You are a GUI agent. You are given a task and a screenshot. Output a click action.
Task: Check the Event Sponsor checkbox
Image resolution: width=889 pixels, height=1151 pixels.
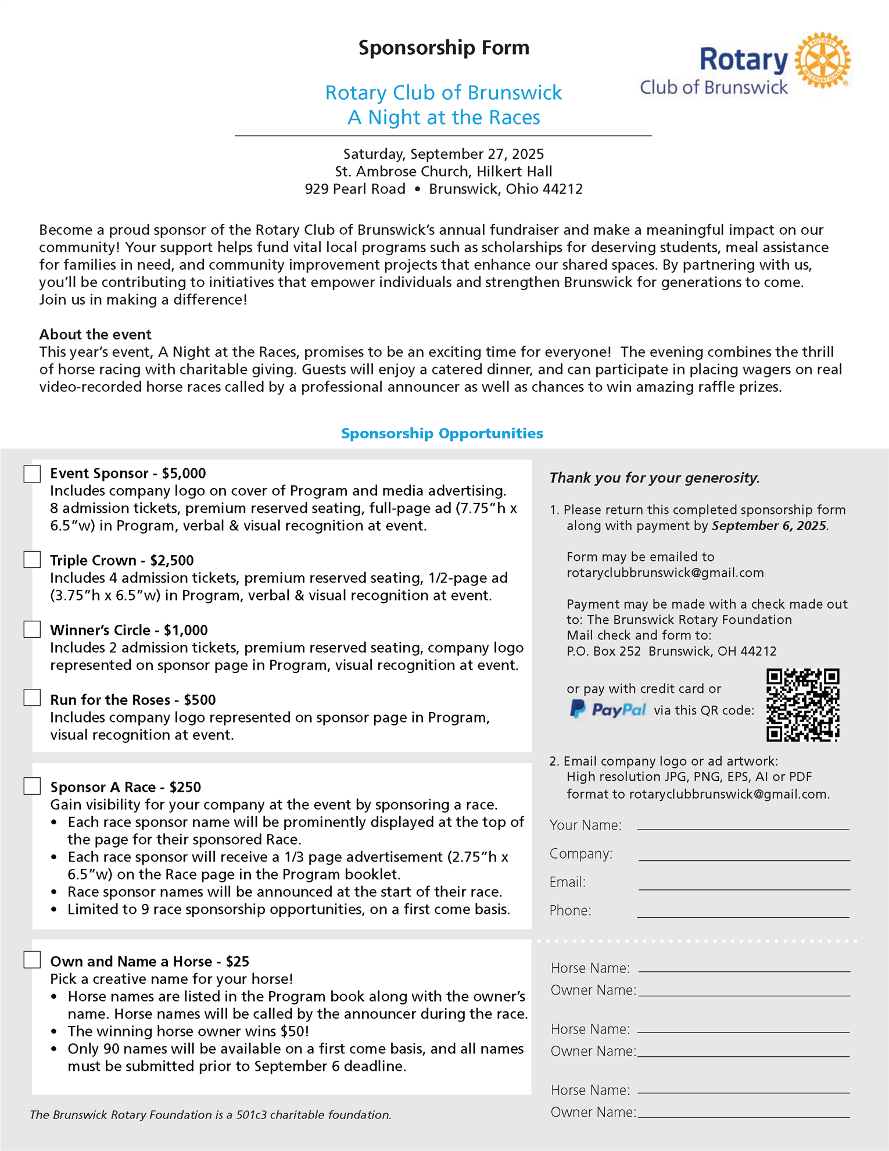[33, 474]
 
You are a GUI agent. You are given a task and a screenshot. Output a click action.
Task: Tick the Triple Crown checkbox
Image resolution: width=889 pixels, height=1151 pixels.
[33, 560]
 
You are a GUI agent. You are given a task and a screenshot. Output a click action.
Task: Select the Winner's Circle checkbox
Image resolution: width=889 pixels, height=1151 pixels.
[33, 630]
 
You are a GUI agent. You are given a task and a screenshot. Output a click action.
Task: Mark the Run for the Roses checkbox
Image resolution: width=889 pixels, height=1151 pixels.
[33, 698]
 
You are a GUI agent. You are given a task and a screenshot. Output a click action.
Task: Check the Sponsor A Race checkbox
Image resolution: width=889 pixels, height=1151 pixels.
[33, 787]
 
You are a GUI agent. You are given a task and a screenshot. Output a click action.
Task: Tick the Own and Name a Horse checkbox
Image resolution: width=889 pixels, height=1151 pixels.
[33, 960]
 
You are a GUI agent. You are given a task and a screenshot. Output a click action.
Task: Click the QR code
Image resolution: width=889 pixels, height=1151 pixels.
[803, 705]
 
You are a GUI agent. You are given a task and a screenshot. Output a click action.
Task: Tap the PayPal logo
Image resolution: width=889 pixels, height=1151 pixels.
[608, 709]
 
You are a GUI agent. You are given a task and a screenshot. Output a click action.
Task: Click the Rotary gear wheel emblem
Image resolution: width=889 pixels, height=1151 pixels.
[822, 60]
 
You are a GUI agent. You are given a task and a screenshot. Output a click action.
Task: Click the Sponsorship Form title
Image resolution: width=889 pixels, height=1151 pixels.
[444, 48]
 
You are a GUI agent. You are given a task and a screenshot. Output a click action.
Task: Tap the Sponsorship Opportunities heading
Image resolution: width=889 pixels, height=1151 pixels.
[442, 434]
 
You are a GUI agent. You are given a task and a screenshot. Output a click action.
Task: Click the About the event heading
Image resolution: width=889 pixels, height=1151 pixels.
[95, 335]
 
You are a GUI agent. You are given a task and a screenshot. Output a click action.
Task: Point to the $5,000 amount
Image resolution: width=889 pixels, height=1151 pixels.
[184, 474]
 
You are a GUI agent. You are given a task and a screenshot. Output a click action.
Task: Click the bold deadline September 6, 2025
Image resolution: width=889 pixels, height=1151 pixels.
[769, 526]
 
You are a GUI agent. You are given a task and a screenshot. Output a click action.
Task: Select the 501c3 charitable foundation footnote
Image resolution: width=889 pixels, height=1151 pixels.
[210, 1115]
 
